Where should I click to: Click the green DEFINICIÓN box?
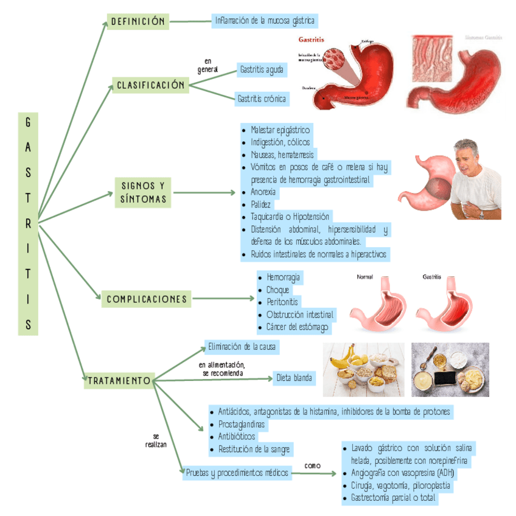pos(138,21)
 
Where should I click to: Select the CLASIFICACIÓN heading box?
pos(150,85)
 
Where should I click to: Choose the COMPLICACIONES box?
pos(147,299)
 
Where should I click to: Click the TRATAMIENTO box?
pos(119,380)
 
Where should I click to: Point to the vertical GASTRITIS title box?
pos(28,223)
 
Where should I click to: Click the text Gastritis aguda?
pos(261,69)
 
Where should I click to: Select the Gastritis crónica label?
pos(261,98)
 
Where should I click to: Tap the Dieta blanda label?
pos(295,378)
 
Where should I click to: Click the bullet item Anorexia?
pos(263,192)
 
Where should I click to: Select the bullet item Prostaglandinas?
pos(242,424)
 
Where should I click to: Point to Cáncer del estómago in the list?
pos(298,327)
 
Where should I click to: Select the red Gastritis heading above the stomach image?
pos(311,40)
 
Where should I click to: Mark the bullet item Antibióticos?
pos(237,436)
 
